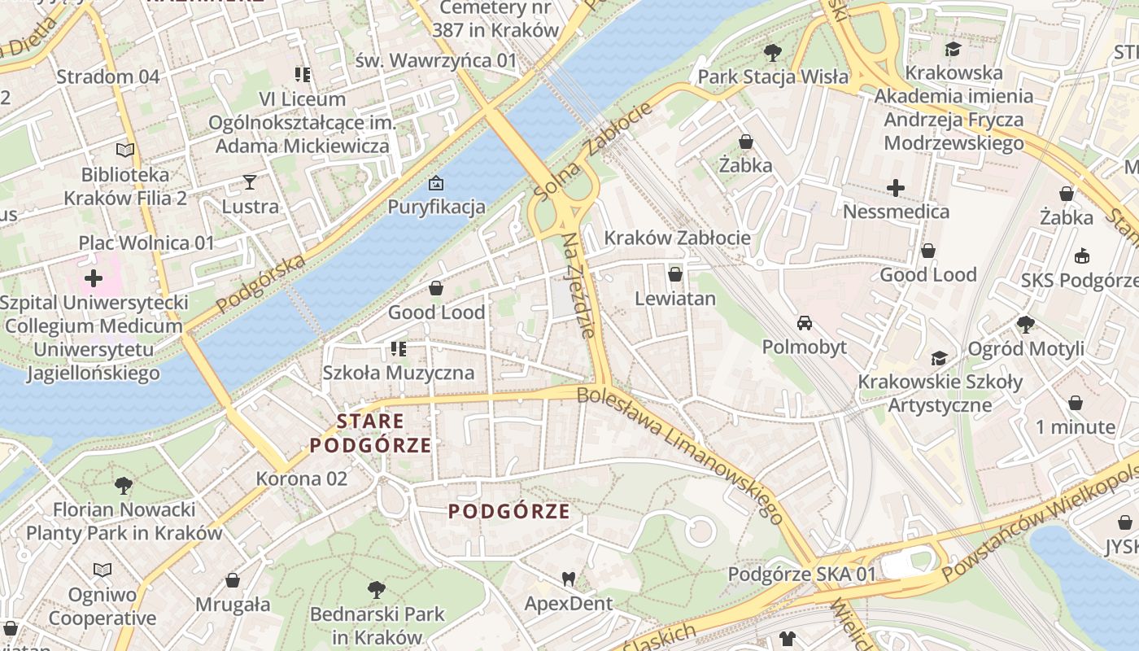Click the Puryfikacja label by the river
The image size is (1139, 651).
436,206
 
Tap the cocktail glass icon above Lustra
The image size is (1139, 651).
250,182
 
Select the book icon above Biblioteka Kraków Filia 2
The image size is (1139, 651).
124,151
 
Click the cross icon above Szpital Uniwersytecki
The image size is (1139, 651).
94,278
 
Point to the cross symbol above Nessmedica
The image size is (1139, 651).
896,188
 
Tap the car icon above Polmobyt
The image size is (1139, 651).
805,323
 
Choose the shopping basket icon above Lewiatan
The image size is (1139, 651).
675,275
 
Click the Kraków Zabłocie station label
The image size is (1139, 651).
677,238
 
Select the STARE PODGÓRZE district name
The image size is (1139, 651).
370,433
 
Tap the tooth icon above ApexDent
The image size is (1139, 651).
569,579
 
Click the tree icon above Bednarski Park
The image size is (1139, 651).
377,589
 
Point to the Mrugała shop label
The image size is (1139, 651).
233,605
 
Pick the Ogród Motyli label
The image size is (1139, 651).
1025,349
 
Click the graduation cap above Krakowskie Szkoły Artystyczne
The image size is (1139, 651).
939,358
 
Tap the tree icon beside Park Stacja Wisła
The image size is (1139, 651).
773,54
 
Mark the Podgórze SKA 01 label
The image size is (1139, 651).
801,575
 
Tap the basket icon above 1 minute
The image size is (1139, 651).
1076,403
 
